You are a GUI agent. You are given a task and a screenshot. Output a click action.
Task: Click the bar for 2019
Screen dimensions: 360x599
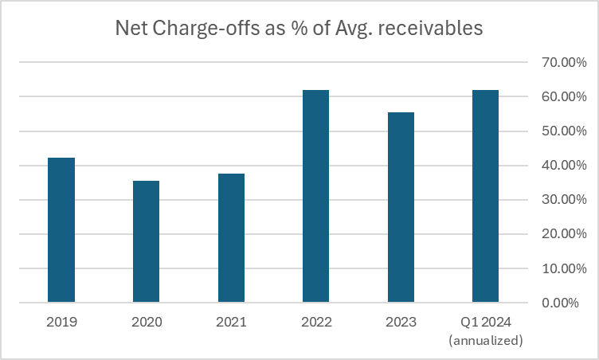click(61, 230)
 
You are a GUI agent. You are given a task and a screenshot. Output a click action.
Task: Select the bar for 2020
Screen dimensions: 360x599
click(146, 242)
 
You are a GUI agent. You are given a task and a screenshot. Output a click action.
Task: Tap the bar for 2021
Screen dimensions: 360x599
click(231, 238)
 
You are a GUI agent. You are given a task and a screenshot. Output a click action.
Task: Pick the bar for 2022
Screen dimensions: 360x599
click(315, 197)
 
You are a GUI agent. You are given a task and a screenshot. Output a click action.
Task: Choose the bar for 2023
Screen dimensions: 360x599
click(401, 208)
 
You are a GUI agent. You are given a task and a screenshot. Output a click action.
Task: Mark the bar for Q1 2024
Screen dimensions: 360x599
click(485, 197)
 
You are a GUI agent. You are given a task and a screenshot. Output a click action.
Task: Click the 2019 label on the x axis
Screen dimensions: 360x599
click(61, 323)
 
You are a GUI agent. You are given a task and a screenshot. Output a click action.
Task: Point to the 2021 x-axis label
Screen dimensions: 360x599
click(231, 323)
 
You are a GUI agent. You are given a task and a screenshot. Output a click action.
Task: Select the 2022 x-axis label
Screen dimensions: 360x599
click(315, 323)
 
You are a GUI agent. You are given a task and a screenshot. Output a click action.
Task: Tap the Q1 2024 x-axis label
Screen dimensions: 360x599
click(485, 323)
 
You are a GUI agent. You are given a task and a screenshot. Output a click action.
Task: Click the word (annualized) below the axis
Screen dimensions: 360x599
click(485, 340)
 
